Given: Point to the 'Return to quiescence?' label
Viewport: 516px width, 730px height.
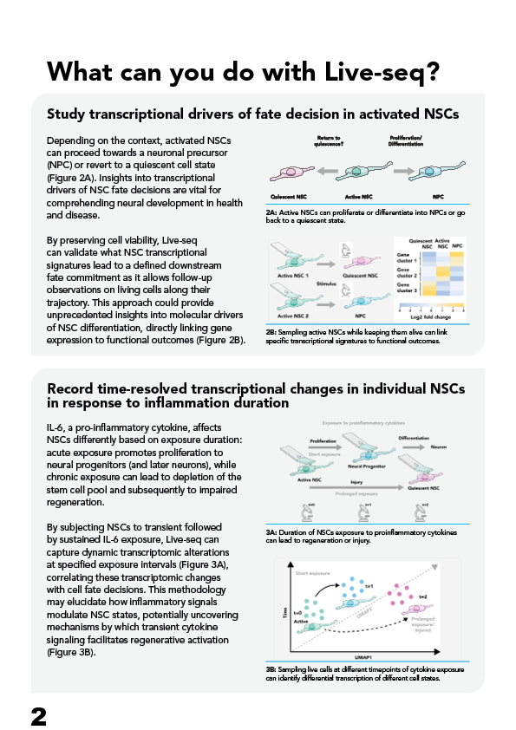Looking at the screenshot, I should point(326,140).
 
